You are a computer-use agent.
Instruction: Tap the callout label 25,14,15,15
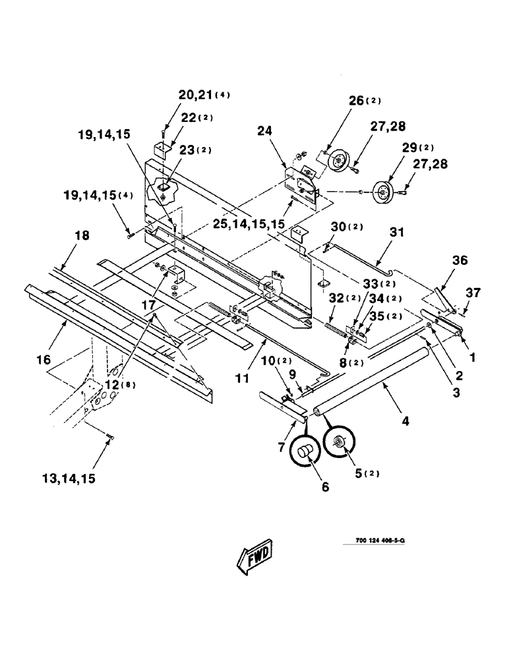(x=249, y=224)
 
